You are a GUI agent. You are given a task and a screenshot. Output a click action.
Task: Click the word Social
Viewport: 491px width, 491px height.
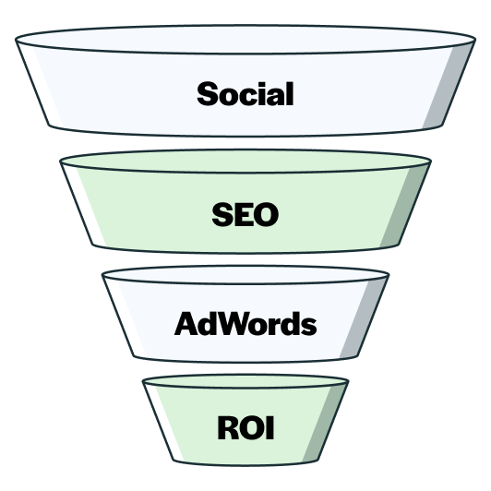[x=245, y=93]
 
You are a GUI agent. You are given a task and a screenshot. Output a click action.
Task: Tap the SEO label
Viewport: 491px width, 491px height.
[x=245, y=214]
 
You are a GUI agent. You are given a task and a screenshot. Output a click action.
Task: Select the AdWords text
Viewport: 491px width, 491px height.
[x=245, y=323]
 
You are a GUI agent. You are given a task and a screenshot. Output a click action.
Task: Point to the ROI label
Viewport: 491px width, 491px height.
[x=245, y=427]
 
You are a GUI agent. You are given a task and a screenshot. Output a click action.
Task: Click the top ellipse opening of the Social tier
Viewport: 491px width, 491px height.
[x=245, y=40]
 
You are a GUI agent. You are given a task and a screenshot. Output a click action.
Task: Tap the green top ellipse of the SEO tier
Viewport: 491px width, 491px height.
[x=245, y=161]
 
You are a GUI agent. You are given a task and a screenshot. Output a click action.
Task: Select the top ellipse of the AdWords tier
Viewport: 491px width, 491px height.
[x=245, y=275]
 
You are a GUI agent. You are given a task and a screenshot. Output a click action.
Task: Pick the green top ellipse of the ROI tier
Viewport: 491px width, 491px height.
[x=245, y=381]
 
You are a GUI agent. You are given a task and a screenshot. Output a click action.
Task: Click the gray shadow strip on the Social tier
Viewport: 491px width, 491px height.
[x=449, y=85]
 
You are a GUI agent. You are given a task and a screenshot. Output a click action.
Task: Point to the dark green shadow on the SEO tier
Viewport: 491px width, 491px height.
[x=404, y=205]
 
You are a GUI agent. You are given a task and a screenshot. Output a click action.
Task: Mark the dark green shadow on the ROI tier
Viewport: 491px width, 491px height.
[x=325, y=423]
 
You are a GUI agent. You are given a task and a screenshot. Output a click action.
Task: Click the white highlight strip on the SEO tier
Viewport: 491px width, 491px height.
[x=84, y=206]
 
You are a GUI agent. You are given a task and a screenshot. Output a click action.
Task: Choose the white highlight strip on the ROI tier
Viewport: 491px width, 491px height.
[x=164, y=423]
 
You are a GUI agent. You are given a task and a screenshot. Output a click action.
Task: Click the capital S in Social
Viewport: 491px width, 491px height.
[x=208, y=93]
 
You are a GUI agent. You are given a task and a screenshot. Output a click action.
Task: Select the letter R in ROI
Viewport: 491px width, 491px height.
[x=228, y=427]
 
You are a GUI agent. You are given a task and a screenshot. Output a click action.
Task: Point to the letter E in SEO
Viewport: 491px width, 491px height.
[x=243, y=214]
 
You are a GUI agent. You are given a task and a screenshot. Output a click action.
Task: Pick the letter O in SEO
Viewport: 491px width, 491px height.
[x=266, y=214]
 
